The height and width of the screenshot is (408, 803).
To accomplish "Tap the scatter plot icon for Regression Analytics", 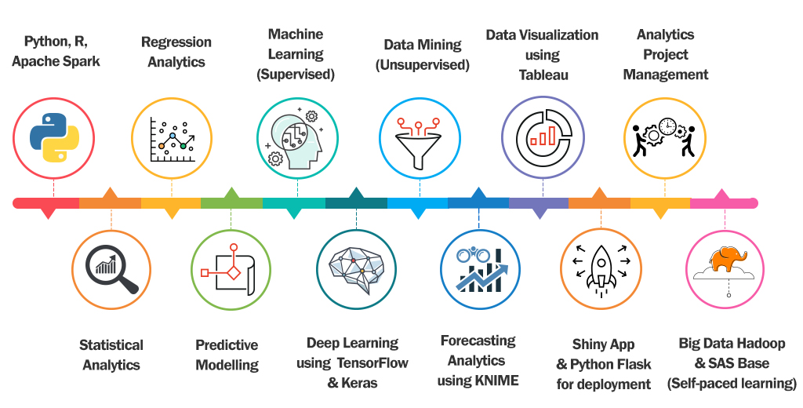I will coord(171,138).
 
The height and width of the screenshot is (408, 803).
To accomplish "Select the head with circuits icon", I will coord(297,140).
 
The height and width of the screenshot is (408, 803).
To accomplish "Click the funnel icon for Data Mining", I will coord(420,140).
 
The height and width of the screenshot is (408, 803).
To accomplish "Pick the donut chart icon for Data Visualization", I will coord(542,135).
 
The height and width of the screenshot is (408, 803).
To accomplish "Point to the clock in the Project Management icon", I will coord(667,126).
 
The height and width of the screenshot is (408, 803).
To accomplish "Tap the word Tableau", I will coord(543,75).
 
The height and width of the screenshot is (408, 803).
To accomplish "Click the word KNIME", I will coord(497,381).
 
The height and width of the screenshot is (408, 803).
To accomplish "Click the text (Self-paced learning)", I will coord(732,384).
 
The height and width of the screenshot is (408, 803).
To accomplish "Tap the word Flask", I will coord(632,364).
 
